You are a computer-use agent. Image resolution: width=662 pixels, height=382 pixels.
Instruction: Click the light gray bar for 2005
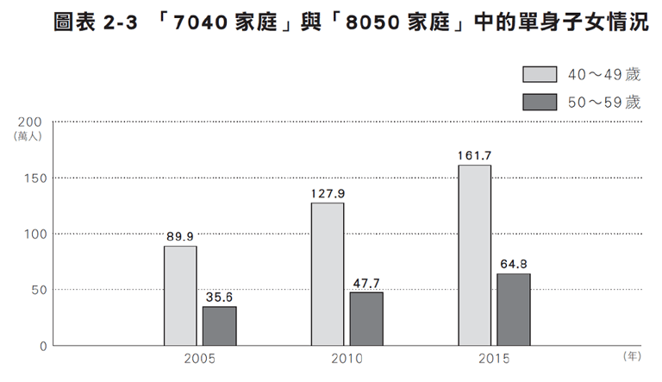(x=180, y=296)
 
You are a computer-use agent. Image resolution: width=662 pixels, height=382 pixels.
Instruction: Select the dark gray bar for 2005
(x=220, y=326)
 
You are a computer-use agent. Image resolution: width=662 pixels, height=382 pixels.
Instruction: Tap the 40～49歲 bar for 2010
(x=328, y=274)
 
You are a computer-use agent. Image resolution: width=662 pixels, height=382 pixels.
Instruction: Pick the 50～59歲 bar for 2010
(x=367, y=319)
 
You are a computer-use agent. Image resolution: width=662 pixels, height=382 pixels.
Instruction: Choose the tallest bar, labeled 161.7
(x=475, y=255)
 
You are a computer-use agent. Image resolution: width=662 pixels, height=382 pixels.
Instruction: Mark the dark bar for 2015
(x=514, y=310)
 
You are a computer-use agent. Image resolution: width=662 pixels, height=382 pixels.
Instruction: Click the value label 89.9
(x=180, y=235)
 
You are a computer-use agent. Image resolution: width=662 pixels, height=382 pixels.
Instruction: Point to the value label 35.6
(x=220, y=296)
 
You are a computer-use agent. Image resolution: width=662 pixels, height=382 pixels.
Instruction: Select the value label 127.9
(x=328, y=192)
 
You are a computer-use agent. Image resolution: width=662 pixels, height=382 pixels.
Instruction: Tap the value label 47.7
(x=367, y=282)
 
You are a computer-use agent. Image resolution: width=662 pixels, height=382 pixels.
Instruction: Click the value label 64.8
(x=514, y=263)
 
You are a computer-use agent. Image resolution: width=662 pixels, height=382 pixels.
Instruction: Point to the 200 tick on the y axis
(x=29, y=122)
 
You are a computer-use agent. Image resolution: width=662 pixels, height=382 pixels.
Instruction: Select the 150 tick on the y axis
(x=29, y=178)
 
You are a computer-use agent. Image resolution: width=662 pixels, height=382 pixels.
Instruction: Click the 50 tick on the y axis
(x=34, y=290)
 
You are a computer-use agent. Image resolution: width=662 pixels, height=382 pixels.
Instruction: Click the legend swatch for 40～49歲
(x=540, y=75)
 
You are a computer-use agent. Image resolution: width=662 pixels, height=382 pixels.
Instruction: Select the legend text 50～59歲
(x=604, y=103)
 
